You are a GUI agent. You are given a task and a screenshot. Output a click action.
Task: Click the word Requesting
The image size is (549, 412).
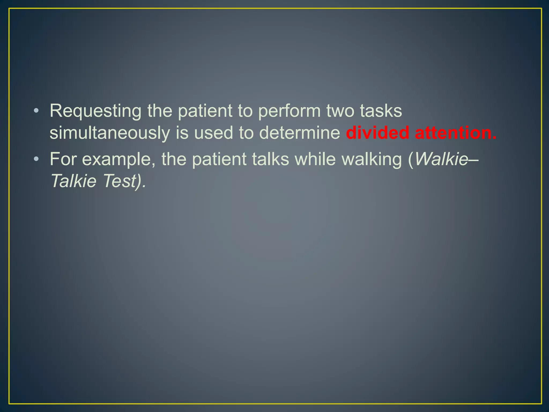[x=95, y=111]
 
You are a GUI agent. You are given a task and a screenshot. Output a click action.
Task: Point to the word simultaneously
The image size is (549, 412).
[x=110, y=133]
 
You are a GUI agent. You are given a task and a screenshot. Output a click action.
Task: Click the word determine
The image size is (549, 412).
[x=299, y=133]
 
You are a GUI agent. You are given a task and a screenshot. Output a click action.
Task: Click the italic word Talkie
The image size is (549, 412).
[x=73, y=181]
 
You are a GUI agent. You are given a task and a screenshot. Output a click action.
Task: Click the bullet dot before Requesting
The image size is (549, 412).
[x=36, y=111]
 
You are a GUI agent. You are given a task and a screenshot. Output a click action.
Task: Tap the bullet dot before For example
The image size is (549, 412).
[x=36, y=159]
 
